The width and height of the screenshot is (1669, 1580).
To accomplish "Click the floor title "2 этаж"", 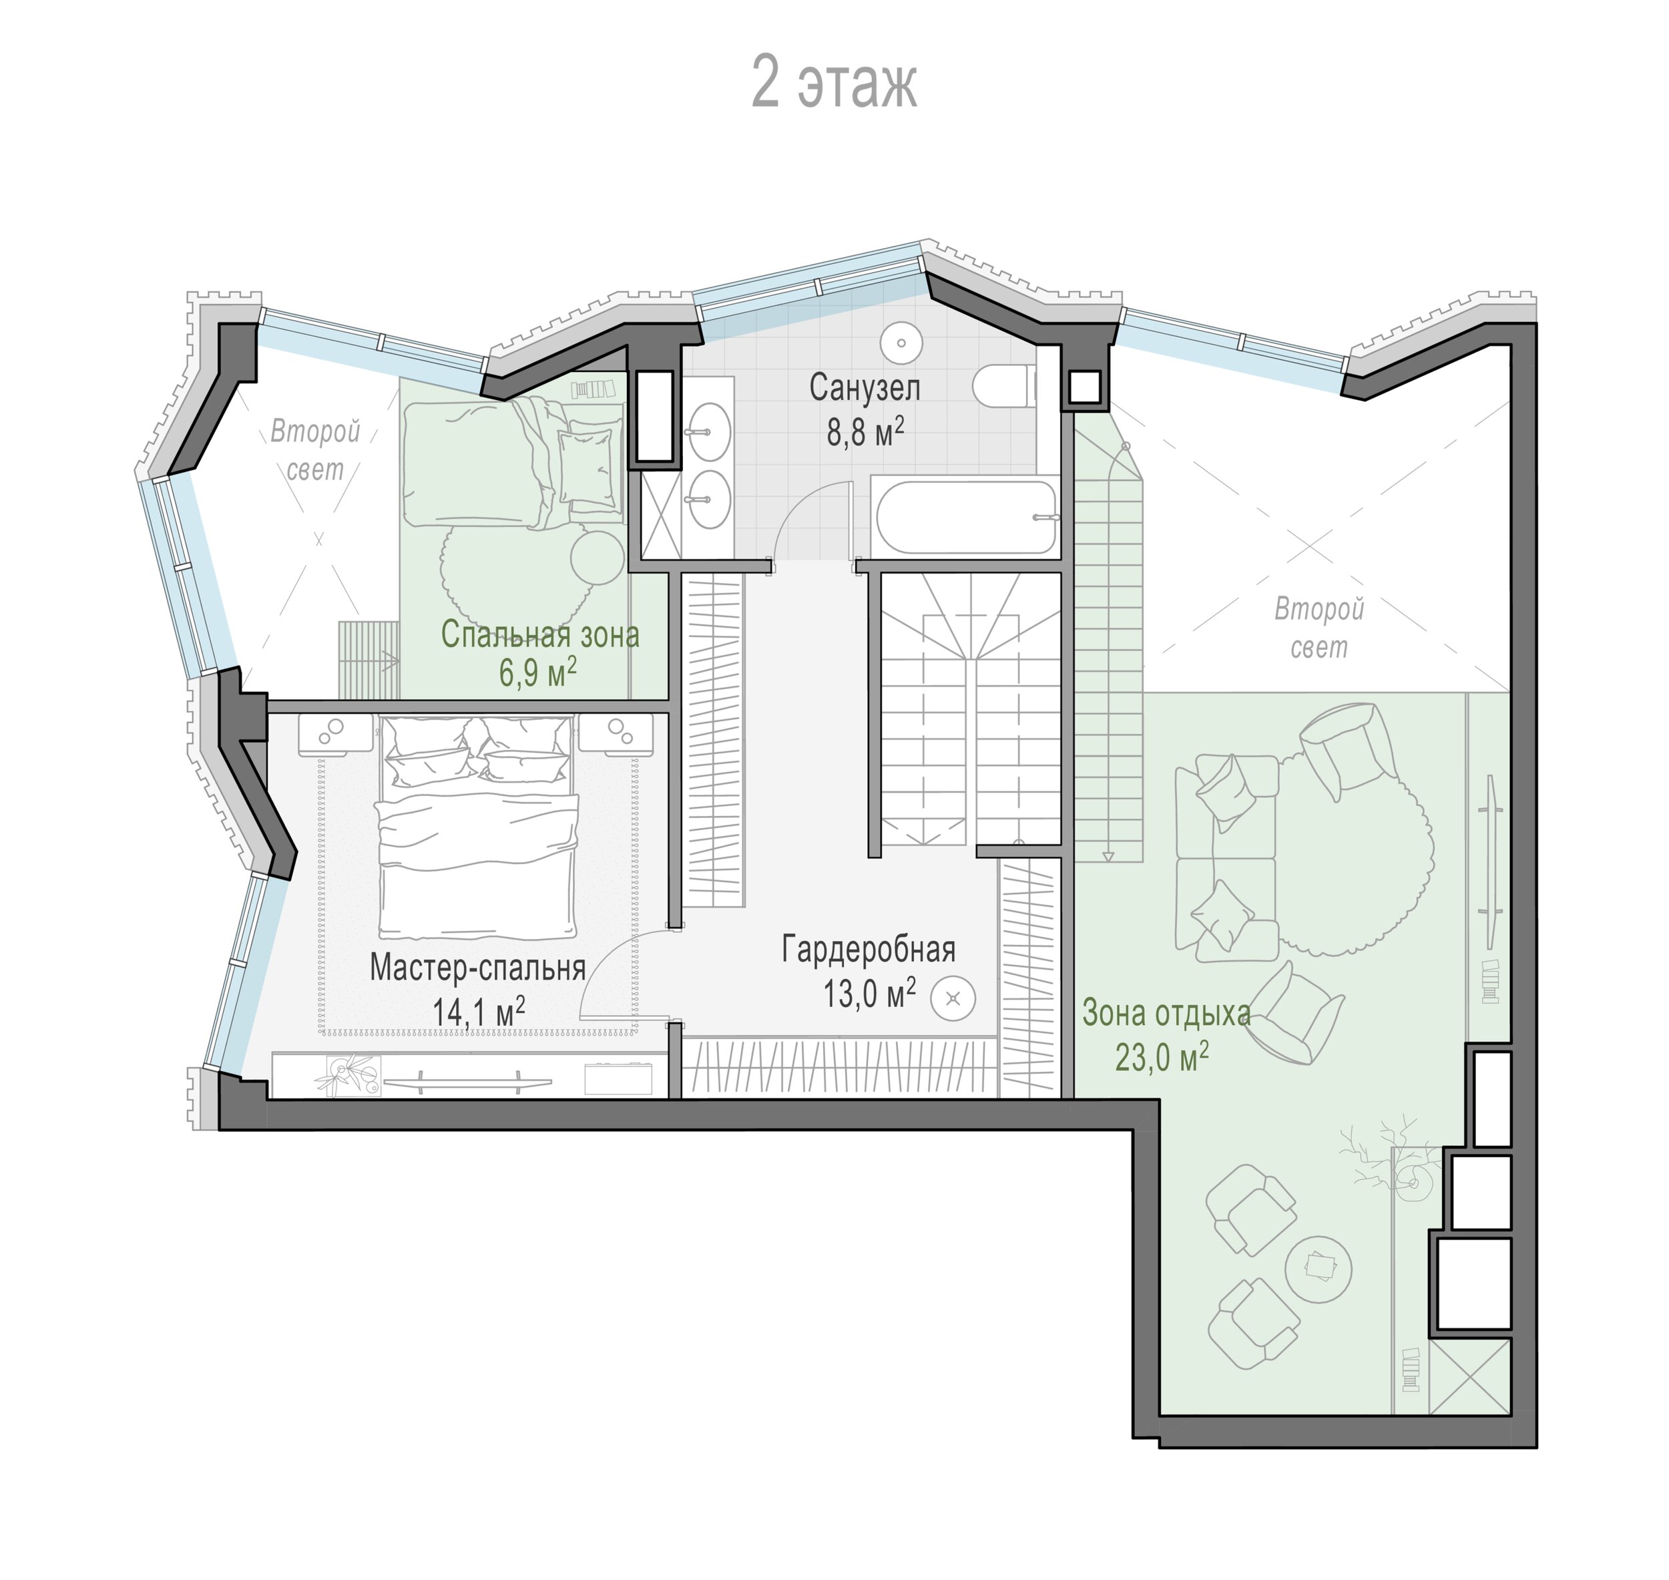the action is [834, 83].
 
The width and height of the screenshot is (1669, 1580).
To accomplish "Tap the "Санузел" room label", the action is [865, 387].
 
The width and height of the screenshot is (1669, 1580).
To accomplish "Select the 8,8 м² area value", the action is [865, 431].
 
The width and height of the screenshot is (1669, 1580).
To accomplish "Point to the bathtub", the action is [965, 516].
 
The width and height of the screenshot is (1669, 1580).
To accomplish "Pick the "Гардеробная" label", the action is [868, 949].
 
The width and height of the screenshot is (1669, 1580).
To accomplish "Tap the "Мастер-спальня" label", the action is [477, 968].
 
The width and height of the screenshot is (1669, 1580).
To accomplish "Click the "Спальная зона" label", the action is [540, 634].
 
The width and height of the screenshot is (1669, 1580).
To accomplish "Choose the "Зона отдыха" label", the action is [1166, 1014].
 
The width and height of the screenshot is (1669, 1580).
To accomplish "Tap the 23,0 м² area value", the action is [1162, 1056].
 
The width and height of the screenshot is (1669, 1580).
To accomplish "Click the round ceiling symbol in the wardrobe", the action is [953, 999].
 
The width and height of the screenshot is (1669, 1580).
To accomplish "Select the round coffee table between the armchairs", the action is [1319, 1269].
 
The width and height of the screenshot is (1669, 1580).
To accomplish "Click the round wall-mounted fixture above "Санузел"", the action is [901, 343].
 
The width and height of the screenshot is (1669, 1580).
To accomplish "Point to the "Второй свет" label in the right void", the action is [1319, 628].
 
